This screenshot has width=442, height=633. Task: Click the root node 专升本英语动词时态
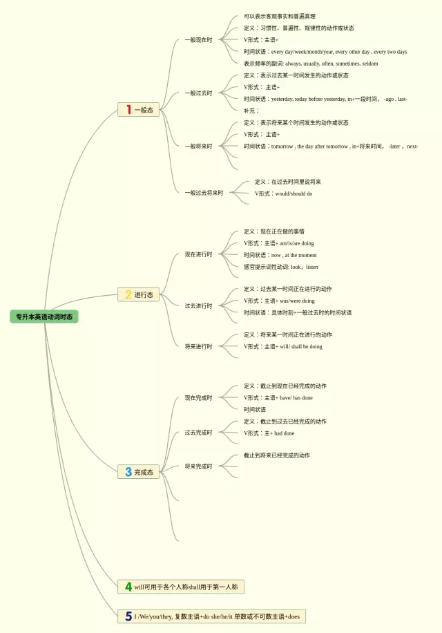44,316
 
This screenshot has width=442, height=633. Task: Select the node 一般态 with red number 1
138,109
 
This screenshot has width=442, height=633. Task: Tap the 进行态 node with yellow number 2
138,294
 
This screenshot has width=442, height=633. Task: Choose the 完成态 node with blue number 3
138,472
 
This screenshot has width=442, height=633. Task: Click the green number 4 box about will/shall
181,587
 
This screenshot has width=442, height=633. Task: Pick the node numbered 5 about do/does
211,616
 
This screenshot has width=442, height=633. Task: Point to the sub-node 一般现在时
198,40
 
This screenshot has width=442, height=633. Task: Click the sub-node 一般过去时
198,93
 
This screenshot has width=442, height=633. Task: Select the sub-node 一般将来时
198,147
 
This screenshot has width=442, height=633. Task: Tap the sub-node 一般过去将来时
204,193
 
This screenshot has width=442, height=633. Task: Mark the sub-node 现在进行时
198,254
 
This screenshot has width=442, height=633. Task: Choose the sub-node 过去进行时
198,306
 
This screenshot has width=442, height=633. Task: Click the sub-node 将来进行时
198,346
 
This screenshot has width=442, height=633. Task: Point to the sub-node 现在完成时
198,398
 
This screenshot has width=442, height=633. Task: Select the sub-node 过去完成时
198,433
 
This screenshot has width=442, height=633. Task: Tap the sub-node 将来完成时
198,466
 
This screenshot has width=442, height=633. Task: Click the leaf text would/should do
283,194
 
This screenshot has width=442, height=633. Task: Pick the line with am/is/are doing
278,243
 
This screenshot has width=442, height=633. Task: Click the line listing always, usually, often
310,64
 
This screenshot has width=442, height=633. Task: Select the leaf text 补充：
251,111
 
